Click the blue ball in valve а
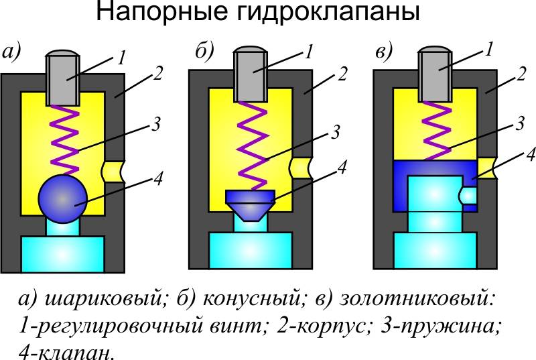pos(63,199)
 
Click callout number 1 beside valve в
pos(490,49)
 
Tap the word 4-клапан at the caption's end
pos(64,351)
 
